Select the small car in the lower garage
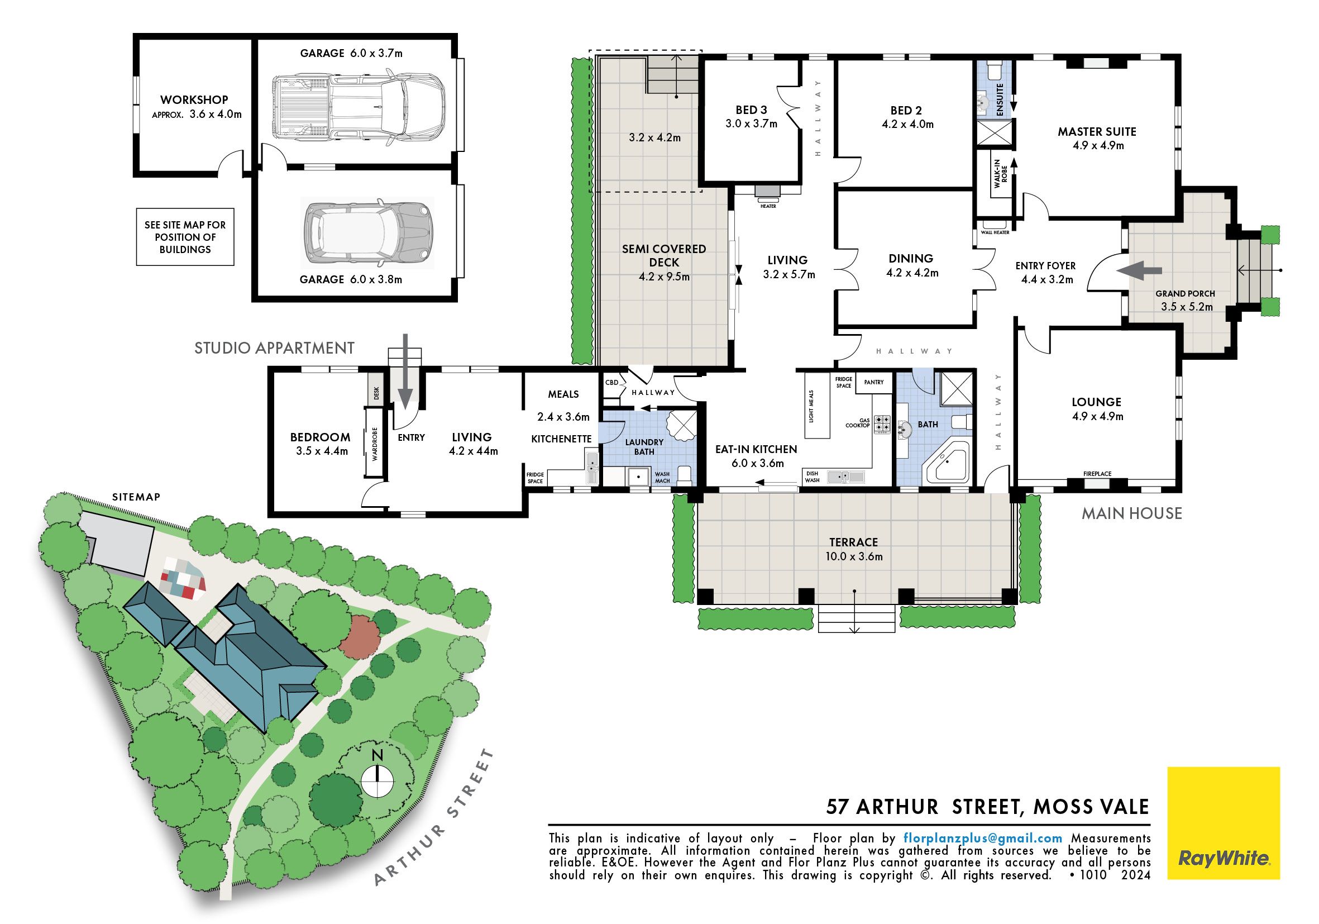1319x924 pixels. click(368, 234)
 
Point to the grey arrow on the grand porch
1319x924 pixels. click(1139, 270)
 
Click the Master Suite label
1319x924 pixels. click(1097, 132)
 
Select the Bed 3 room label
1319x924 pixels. click(751, 110)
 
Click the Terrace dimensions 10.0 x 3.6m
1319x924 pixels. click(854, 556)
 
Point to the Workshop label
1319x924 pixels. click(194, 100)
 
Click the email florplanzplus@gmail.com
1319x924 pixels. click(983, 838)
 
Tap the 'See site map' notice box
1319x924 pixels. click(185, 237)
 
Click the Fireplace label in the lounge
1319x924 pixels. click(1097, 474)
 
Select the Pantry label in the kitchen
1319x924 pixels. click(874, 382)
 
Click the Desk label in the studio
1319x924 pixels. click(377, 393)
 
